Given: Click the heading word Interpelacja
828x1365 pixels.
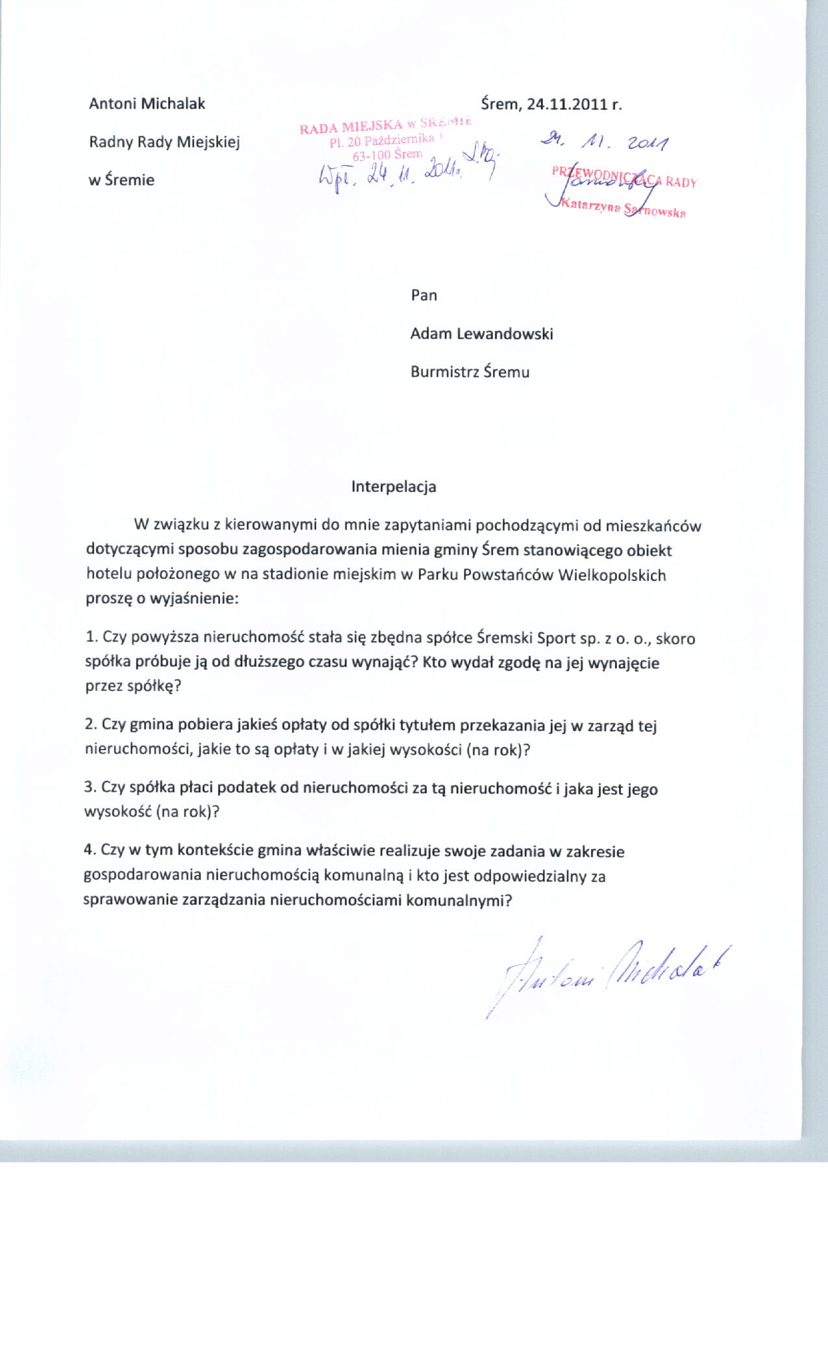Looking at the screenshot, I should (x=394, y=487).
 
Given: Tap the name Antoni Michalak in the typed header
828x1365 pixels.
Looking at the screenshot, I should (x=147, y=104).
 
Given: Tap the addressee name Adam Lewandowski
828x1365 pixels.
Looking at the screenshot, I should (x=481, y=334).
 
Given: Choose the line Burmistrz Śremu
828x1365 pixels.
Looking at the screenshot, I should (x=470, y=372).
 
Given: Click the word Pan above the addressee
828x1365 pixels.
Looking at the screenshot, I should (x=423, y=296).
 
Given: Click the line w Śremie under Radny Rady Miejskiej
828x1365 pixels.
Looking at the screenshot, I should (x=121, y=180).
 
